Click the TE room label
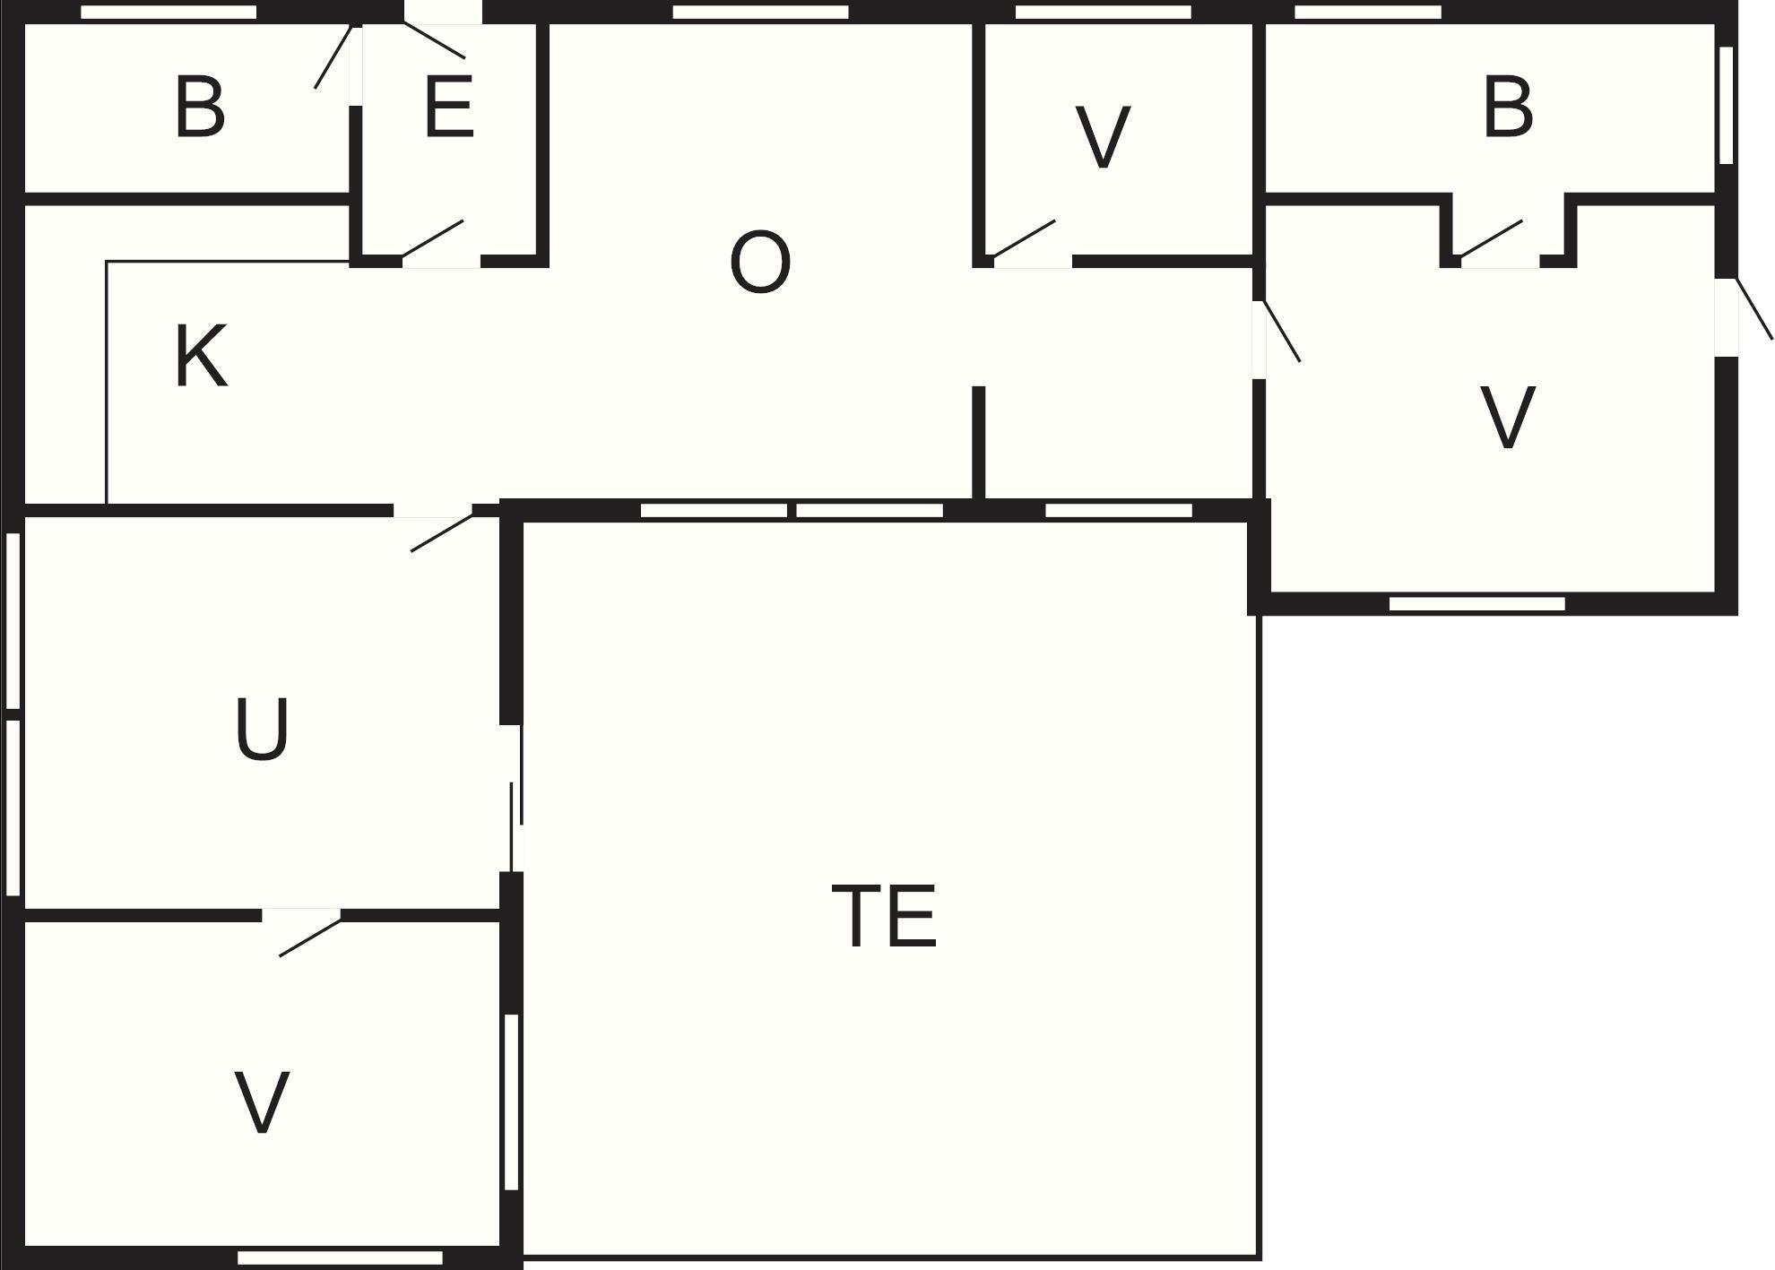pos(884,915)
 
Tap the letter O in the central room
pos(760,262)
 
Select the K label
pos(201,356)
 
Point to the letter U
pos(262,729)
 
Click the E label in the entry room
pos(448,107)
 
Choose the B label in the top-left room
pos(199,107)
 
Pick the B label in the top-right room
pos(1508,107)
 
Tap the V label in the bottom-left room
pos(262,1102)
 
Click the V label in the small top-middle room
pos(1103,137)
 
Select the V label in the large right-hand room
pos(1508,417)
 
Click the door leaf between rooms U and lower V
pos(310,936)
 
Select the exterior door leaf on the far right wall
pos(1754,308)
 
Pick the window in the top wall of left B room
pos(169,13)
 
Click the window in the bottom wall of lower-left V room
pos(340,1258)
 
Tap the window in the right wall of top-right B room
pos(1726,105)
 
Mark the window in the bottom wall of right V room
pos(1477,604)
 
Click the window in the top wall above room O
pos(760,13)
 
